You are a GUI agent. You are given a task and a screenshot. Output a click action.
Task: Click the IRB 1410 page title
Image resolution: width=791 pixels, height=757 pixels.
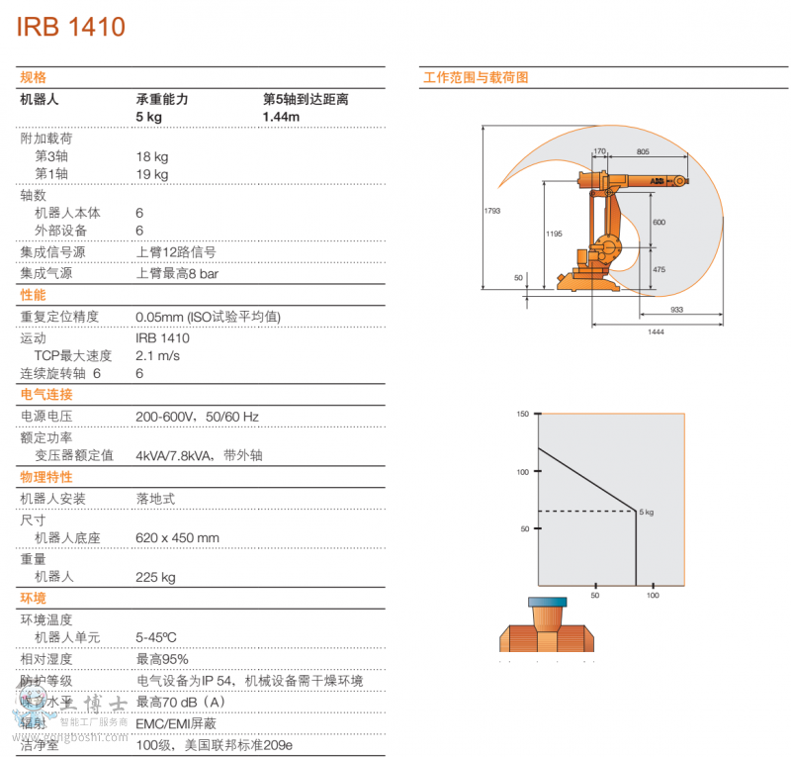[x=71, y=27]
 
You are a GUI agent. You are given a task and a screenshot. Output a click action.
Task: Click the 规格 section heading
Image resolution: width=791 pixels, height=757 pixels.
[x=34, y=77]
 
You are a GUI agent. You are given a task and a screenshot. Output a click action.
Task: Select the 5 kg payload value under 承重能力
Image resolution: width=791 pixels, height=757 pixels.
[x=149, y=117]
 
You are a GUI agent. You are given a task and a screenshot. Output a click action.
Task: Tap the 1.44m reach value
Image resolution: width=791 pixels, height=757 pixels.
[x=281, y=117]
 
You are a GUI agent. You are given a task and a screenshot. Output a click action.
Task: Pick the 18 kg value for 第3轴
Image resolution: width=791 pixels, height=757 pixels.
[x=152, y=156]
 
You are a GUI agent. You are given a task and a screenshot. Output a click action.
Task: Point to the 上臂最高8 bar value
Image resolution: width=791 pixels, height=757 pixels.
[x=177, y=273]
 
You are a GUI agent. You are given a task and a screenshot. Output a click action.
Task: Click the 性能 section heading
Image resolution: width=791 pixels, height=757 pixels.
[x=34, y=295]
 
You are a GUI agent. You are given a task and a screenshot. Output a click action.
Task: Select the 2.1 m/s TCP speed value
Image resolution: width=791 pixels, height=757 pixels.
[x=157, y=355]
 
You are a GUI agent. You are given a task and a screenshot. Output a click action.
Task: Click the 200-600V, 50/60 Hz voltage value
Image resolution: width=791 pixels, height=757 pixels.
[x=197, y=417]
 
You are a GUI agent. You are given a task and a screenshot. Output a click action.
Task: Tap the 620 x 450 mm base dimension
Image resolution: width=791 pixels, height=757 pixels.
[x=177, y=538]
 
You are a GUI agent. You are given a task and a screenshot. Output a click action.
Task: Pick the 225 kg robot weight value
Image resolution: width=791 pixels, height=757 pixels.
[x=155, y=577]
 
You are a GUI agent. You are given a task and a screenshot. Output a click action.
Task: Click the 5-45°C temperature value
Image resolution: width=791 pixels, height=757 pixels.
[x=156, y=637]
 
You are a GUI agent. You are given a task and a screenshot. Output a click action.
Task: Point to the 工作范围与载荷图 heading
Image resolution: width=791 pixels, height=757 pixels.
[x=476, y=77]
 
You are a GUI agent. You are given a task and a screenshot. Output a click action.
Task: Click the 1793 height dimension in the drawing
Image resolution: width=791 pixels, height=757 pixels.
[x=492, y=210]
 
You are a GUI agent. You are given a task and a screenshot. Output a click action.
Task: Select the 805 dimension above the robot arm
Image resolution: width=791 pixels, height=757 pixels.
[x=643, y=151]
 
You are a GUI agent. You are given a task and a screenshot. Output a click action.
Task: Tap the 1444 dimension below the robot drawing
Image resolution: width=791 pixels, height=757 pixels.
[x=657, y=331]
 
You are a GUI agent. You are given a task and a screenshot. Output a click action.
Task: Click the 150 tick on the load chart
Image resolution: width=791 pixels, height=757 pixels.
[x=524, y=415]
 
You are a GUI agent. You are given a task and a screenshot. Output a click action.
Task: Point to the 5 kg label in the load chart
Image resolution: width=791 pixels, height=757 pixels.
[x=647, y=512]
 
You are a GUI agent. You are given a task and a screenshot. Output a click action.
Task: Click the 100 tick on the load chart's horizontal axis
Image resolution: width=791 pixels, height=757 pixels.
[x=653, y=595]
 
